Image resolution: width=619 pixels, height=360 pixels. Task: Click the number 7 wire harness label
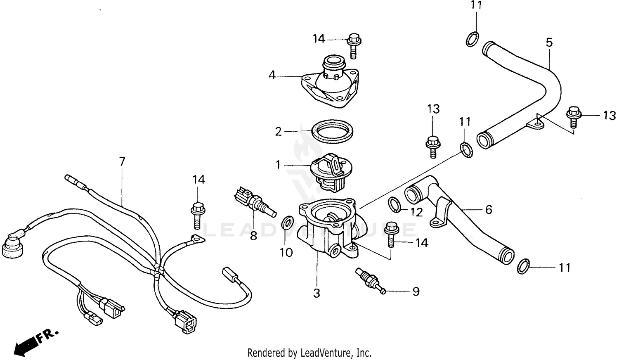122,161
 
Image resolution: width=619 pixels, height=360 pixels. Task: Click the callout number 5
549,43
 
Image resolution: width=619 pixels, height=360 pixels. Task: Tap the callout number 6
489,210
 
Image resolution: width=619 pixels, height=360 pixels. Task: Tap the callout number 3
317,293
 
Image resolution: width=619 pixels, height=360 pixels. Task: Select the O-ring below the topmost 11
472,39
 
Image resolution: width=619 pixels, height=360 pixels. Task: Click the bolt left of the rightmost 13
573,116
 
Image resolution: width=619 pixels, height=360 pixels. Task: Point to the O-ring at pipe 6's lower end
523,266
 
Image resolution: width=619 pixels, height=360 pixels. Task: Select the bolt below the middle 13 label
432,146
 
